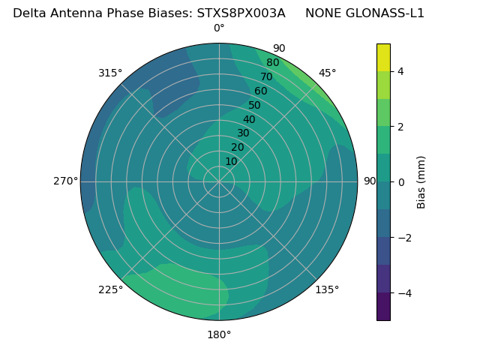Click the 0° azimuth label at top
pyautogui.click(x=219, y=28)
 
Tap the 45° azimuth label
pyautogui.click(x=327, y=73)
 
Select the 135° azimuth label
pyautogui.click(x=327, y=289)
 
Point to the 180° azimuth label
pyautogui.click(x=219, y=334)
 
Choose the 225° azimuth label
pyautogui.click(x=110, y=289)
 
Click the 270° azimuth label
pyautogui.click(x=66, y=181)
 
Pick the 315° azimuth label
pyautogui.click(x=110, y=73)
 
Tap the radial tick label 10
pyautogui.click(x=231, y=161)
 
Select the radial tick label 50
pyautogui.click(x=254, y=106)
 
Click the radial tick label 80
pyautogui.click(x=272, y=62)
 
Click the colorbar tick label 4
pyautogui.click(x=401, y=71)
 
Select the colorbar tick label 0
pyautogui.click(x=401, y=182)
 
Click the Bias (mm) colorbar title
pyautogui.click(x=421, y=181)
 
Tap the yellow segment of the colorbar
pyautogui.click(x=383, y=57)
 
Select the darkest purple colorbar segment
pyautogui.click(x=383, y=307)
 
